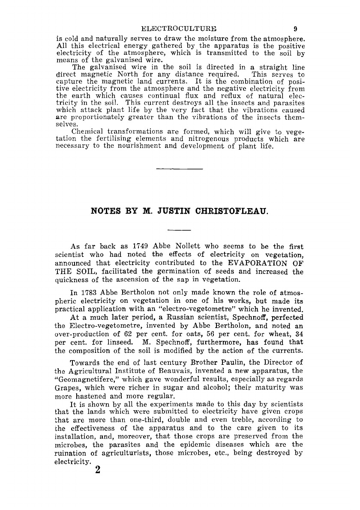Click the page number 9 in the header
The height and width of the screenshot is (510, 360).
295,30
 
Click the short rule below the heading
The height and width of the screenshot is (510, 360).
180,231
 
